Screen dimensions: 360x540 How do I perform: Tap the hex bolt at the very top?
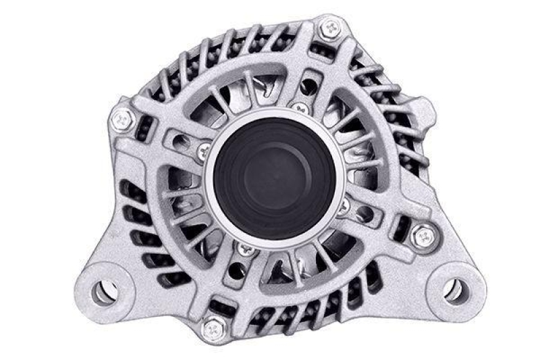[x=331, y=28]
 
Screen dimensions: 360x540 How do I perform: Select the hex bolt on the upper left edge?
[x=122, y=120]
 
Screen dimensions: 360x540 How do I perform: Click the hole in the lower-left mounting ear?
[x=103, y=291]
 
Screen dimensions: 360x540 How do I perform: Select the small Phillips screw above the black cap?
[x=298, y=107]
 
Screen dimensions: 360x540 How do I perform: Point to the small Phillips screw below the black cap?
[x=243, y=249]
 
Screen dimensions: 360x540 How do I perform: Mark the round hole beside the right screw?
[x=364, y=215]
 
